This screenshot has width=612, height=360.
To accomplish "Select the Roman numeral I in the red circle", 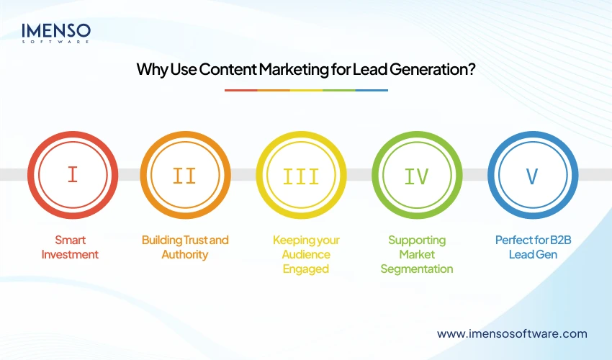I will pyautogui.click(x=72, y=175).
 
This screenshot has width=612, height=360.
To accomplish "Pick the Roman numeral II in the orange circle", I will pyautogui.click(x=185, y=175).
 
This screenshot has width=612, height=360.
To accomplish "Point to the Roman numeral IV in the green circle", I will pyautogui.click(x=417, y=175).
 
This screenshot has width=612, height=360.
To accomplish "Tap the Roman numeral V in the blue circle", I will pyautogui.click(x=532, y=175).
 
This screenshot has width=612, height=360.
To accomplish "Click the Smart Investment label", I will pyautogui.click(x=70, y=247).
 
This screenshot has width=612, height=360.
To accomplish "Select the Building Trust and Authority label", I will pyautogui.click(x=185, y=247).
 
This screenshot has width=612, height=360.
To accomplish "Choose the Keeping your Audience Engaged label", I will pyautogui.click(x=306, y=254).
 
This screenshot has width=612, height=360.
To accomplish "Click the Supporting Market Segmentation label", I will pyautogui.click(x=417, y=254).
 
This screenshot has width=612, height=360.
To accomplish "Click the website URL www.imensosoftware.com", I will pyautogui.click(x=512, y=333).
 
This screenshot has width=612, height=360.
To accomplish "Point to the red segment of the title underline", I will pyautogui.click(x=240, y=90).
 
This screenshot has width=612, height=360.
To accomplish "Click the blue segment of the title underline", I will pyautogui.click(x=372, y=90).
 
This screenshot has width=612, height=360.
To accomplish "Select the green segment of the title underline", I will pyautogui.click(x=338, y=90).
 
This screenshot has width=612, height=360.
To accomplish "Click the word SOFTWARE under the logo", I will pyautogui.click(x=56, y=42).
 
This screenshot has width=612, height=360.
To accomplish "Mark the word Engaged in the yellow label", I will pyautogui.click(x=306, y=269).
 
